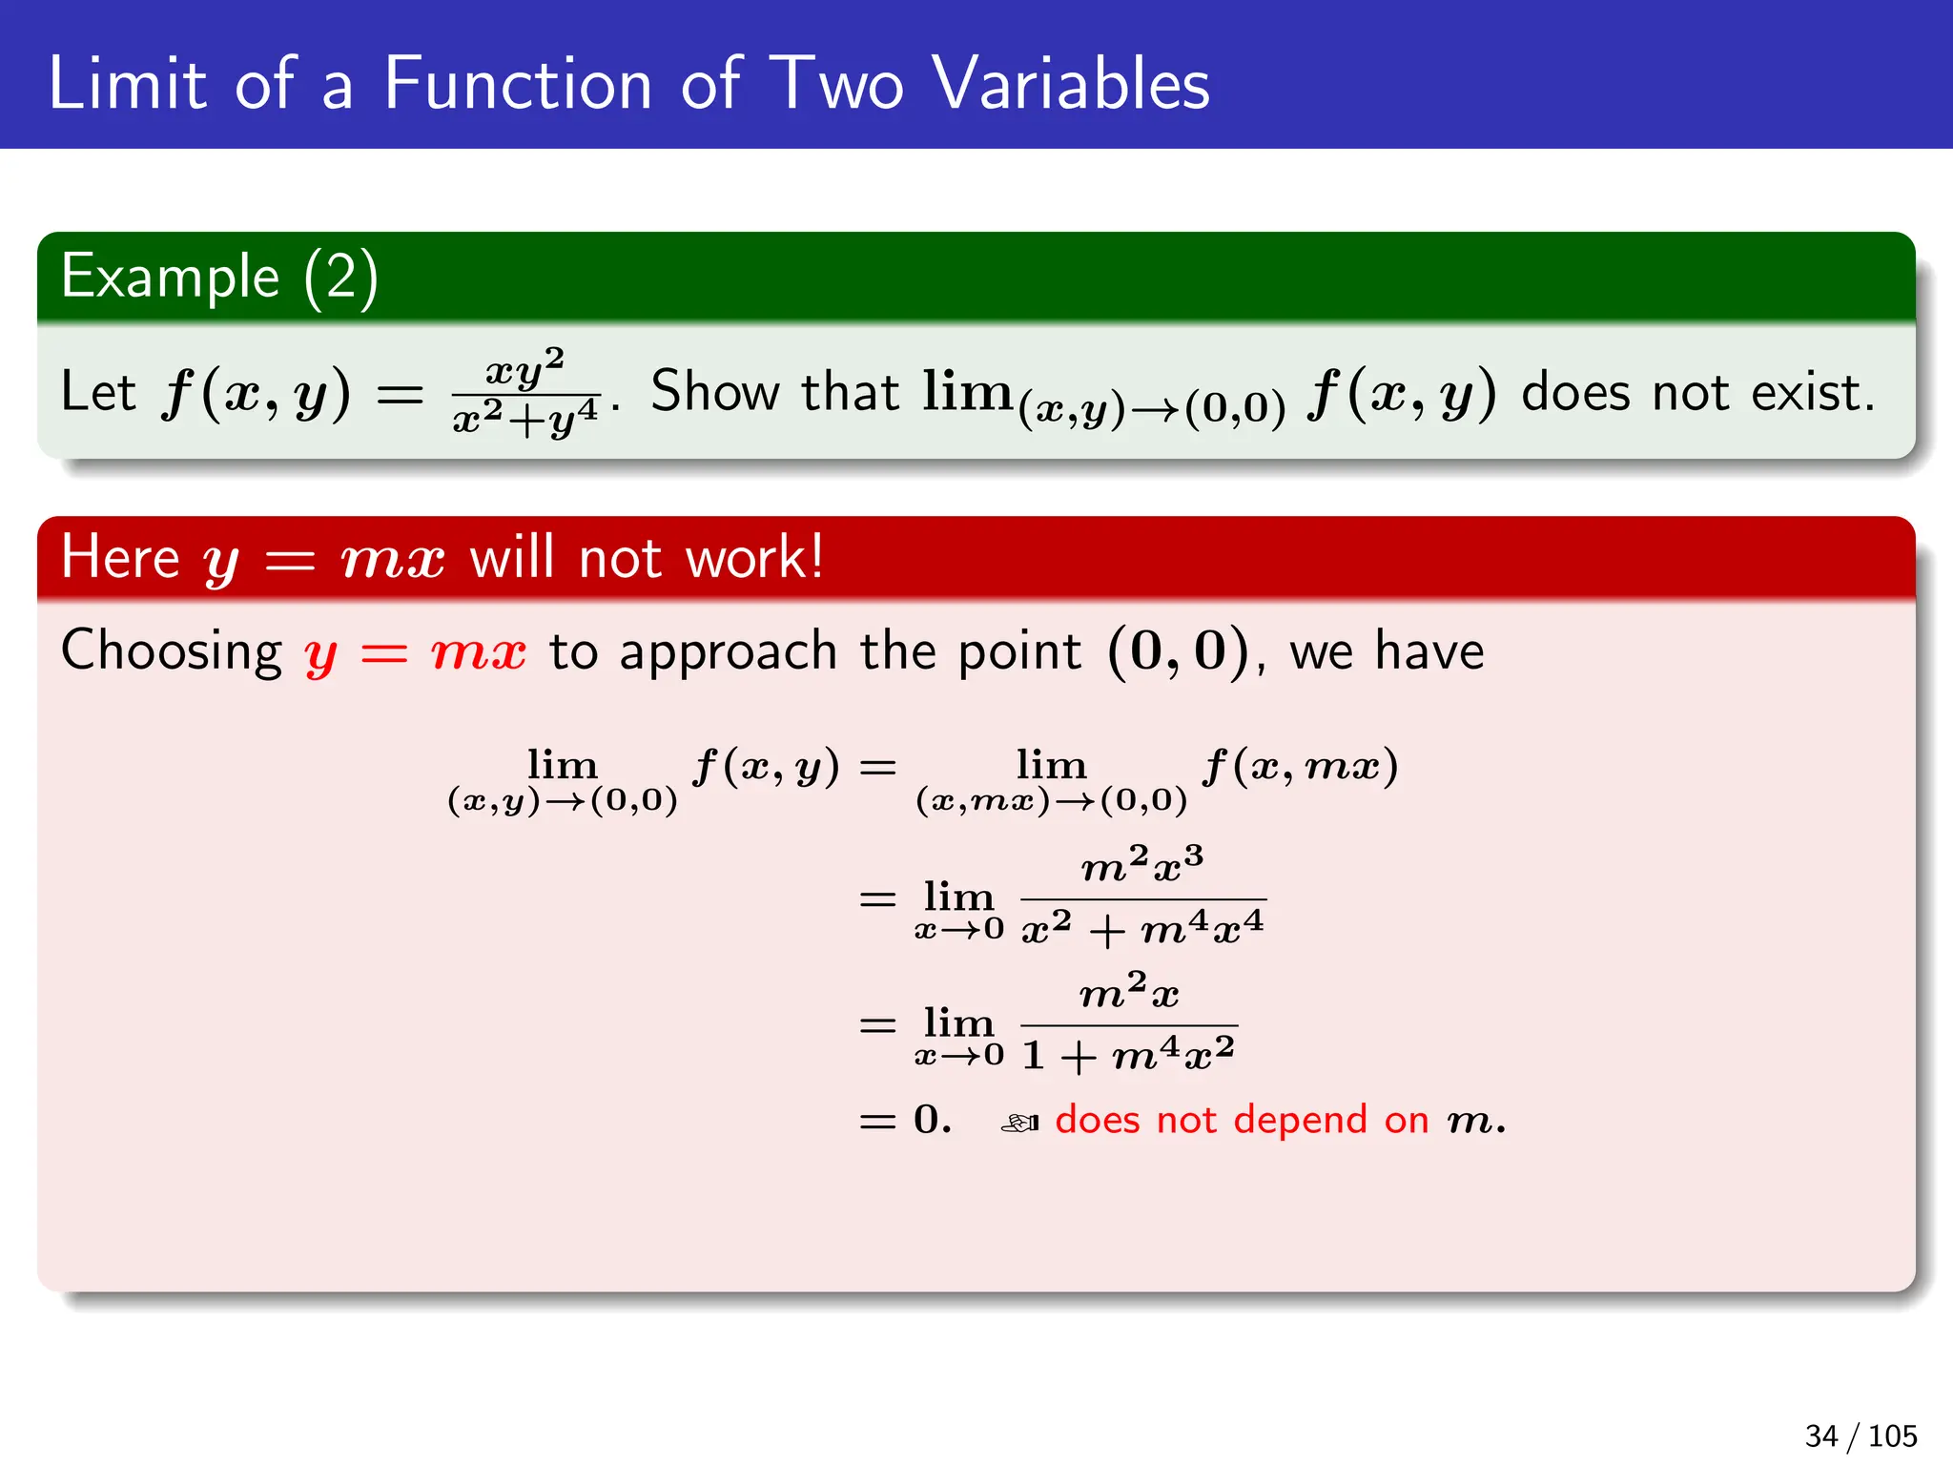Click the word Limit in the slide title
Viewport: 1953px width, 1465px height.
pos(127,84)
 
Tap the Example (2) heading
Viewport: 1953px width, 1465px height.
pos(219,278)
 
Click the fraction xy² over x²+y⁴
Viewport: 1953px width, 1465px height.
pos(525,392)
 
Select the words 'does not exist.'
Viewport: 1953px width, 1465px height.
pos(1697,392)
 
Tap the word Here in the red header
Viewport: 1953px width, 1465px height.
pos(120,557)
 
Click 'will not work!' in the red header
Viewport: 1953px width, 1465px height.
pos(647,557)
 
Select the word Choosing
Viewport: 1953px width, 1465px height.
pos(172,652)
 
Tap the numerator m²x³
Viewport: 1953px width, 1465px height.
pos(1142,865)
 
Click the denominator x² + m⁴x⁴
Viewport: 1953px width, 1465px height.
pos(1142,928)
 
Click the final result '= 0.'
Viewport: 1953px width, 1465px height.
pos(906,1120)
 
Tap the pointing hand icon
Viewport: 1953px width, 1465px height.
pos(1019,1124)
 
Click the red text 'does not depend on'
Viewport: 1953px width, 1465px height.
pos(1242,1120)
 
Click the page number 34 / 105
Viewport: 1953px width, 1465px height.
pos(1860,1435)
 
